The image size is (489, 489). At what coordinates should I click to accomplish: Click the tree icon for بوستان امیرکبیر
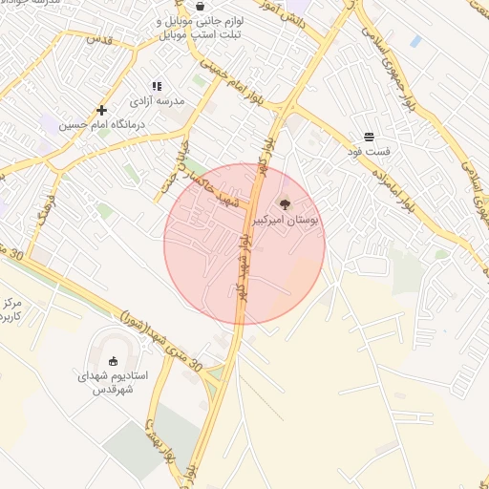[284, 202]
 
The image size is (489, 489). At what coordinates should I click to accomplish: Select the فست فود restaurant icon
[369, 138]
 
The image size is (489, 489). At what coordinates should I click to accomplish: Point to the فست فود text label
[369, 152]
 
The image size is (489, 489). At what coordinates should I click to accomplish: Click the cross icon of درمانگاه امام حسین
[102, 110]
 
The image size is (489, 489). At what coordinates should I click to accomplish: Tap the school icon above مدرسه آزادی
[157, 87]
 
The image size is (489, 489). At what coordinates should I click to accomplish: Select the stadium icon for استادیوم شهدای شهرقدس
[113, 361]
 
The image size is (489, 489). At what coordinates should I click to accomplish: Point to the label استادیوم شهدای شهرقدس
[113, 383]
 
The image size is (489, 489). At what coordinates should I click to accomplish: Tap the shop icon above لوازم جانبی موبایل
[200, 6]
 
